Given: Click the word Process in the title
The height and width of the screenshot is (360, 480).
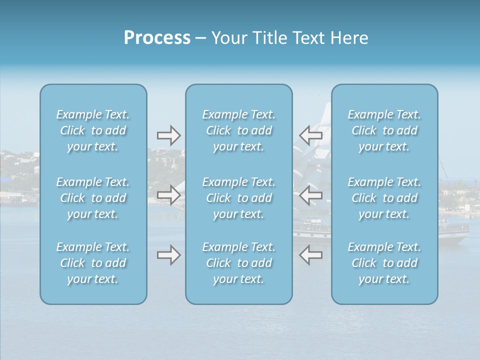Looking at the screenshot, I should point(157,38).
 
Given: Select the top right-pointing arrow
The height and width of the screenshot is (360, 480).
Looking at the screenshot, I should point(169,135).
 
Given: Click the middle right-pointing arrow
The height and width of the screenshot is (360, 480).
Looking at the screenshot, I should point(169,195).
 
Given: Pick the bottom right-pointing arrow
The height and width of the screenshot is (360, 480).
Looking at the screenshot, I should point(169,255).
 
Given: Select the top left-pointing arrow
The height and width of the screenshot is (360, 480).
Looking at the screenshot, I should point(310,135).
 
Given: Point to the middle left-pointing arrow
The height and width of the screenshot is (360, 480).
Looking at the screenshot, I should point(310,195).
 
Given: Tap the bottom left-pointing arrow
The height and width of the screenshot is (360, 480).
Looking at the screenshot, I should point(310,255).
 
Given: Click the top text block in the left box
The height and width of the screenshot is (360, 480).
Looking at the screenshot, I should point(93,130).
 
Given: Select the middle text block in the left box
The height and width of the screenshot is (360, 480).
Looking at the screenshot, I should point(93,198).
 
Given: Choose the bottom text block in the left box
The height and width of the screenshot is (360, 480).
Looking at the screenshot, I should point(93,263).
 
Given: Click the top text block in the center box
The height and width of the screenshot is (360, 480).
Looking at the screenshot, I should point(238,130).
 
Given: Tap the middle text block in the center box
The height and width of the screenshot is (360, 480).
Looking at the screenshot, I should point(238,198).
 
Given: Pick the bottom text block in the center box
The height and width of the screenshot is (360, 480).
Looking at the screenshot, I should point(238,263).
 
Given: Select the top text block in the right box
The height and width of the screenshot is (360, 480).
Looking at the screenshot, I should point(384,130).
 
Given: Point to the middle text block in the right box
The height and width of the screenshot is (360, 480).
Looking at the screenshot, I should point(384,198).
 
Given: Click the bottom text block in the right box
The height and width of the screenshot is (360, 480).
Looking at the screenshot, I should point(384,263).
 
